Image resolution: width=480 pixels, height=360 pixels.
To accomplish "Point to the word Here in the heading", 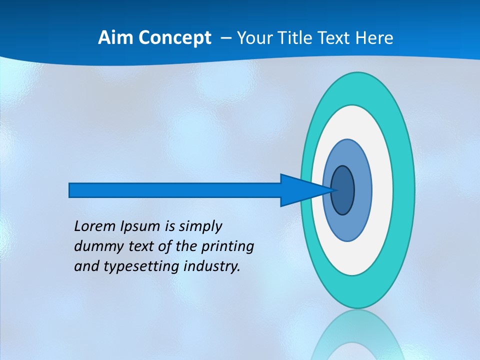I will point(374,38).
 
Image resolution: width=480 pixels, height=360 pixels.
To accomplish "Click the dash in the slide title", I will point(225,38).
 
